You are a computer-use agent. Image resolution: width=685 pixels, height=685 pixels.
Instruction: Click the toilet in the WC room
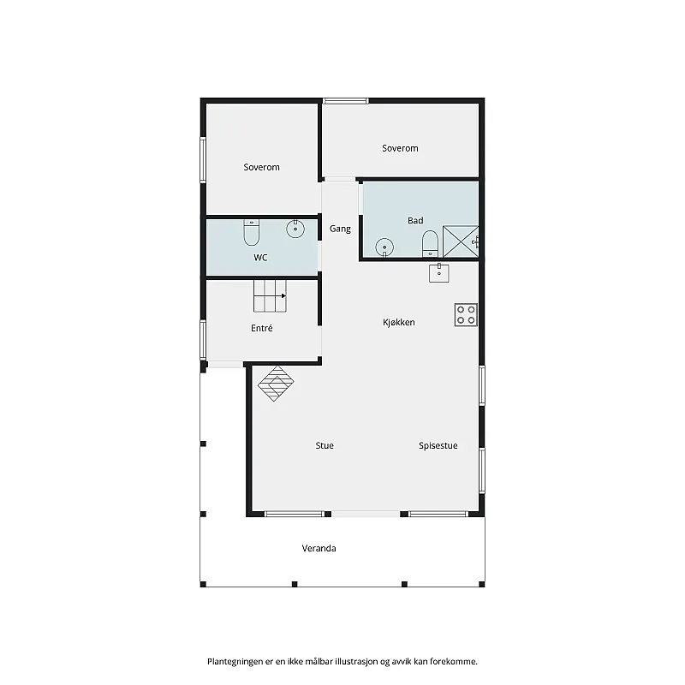(251, 232)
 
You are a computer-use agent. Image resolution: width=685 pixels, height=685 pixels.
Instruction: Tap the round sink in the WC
(295, 229)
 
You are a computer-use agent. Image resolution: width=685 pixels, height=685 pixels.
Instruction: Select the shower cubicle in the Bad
(461, 241)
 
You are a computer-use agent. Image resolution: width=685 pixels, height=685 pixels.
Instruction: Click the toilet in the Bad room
(430, 244)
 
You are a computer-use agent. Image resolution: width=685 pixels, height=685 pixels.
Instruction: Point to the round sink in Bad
(384, 247)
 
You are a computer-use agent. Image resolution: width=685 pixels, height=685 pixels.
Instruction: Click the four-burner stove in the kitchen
(466, 315)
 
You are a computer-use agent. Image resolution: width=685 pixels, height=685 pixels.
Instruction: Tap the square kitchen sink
(439, 272)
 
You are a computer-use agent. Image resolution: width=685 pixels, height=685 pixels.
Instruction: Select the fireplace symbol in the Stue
(276, 384)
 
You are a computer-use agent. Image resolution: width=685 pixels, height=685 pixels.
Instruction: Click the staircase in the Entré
(270, 296)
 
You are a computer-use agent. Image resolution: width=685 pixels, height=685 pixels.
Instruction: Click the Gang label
(340, 229)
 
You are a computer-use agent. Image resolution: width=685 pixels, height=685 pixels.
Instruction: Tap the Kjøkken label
(399, 323)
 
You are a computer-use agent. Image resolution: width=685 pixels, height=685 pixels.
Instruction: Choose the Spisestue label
(438, 445)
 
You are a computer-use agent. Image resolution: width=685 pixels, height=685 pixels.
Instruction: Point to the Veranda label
(319, 548)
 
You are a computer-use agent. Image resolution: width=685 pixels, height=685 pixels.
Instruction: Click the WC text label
(260, 258)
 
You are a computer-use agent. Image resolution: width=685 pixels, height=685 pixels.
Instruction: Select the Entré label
(262, 328)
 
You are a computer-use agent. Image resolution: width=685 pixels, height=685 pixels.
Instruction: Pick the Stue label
(325, 445)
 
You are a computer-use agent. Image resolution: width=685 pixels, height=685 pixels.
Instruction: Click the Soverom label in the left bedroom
(261, 167)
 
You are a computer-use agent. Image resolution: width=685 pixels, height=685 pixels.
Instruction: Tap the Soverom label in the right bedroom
(400, 148)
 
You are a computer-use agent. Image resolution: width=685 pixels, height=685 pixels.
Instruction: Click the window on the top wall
(346, 101)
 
